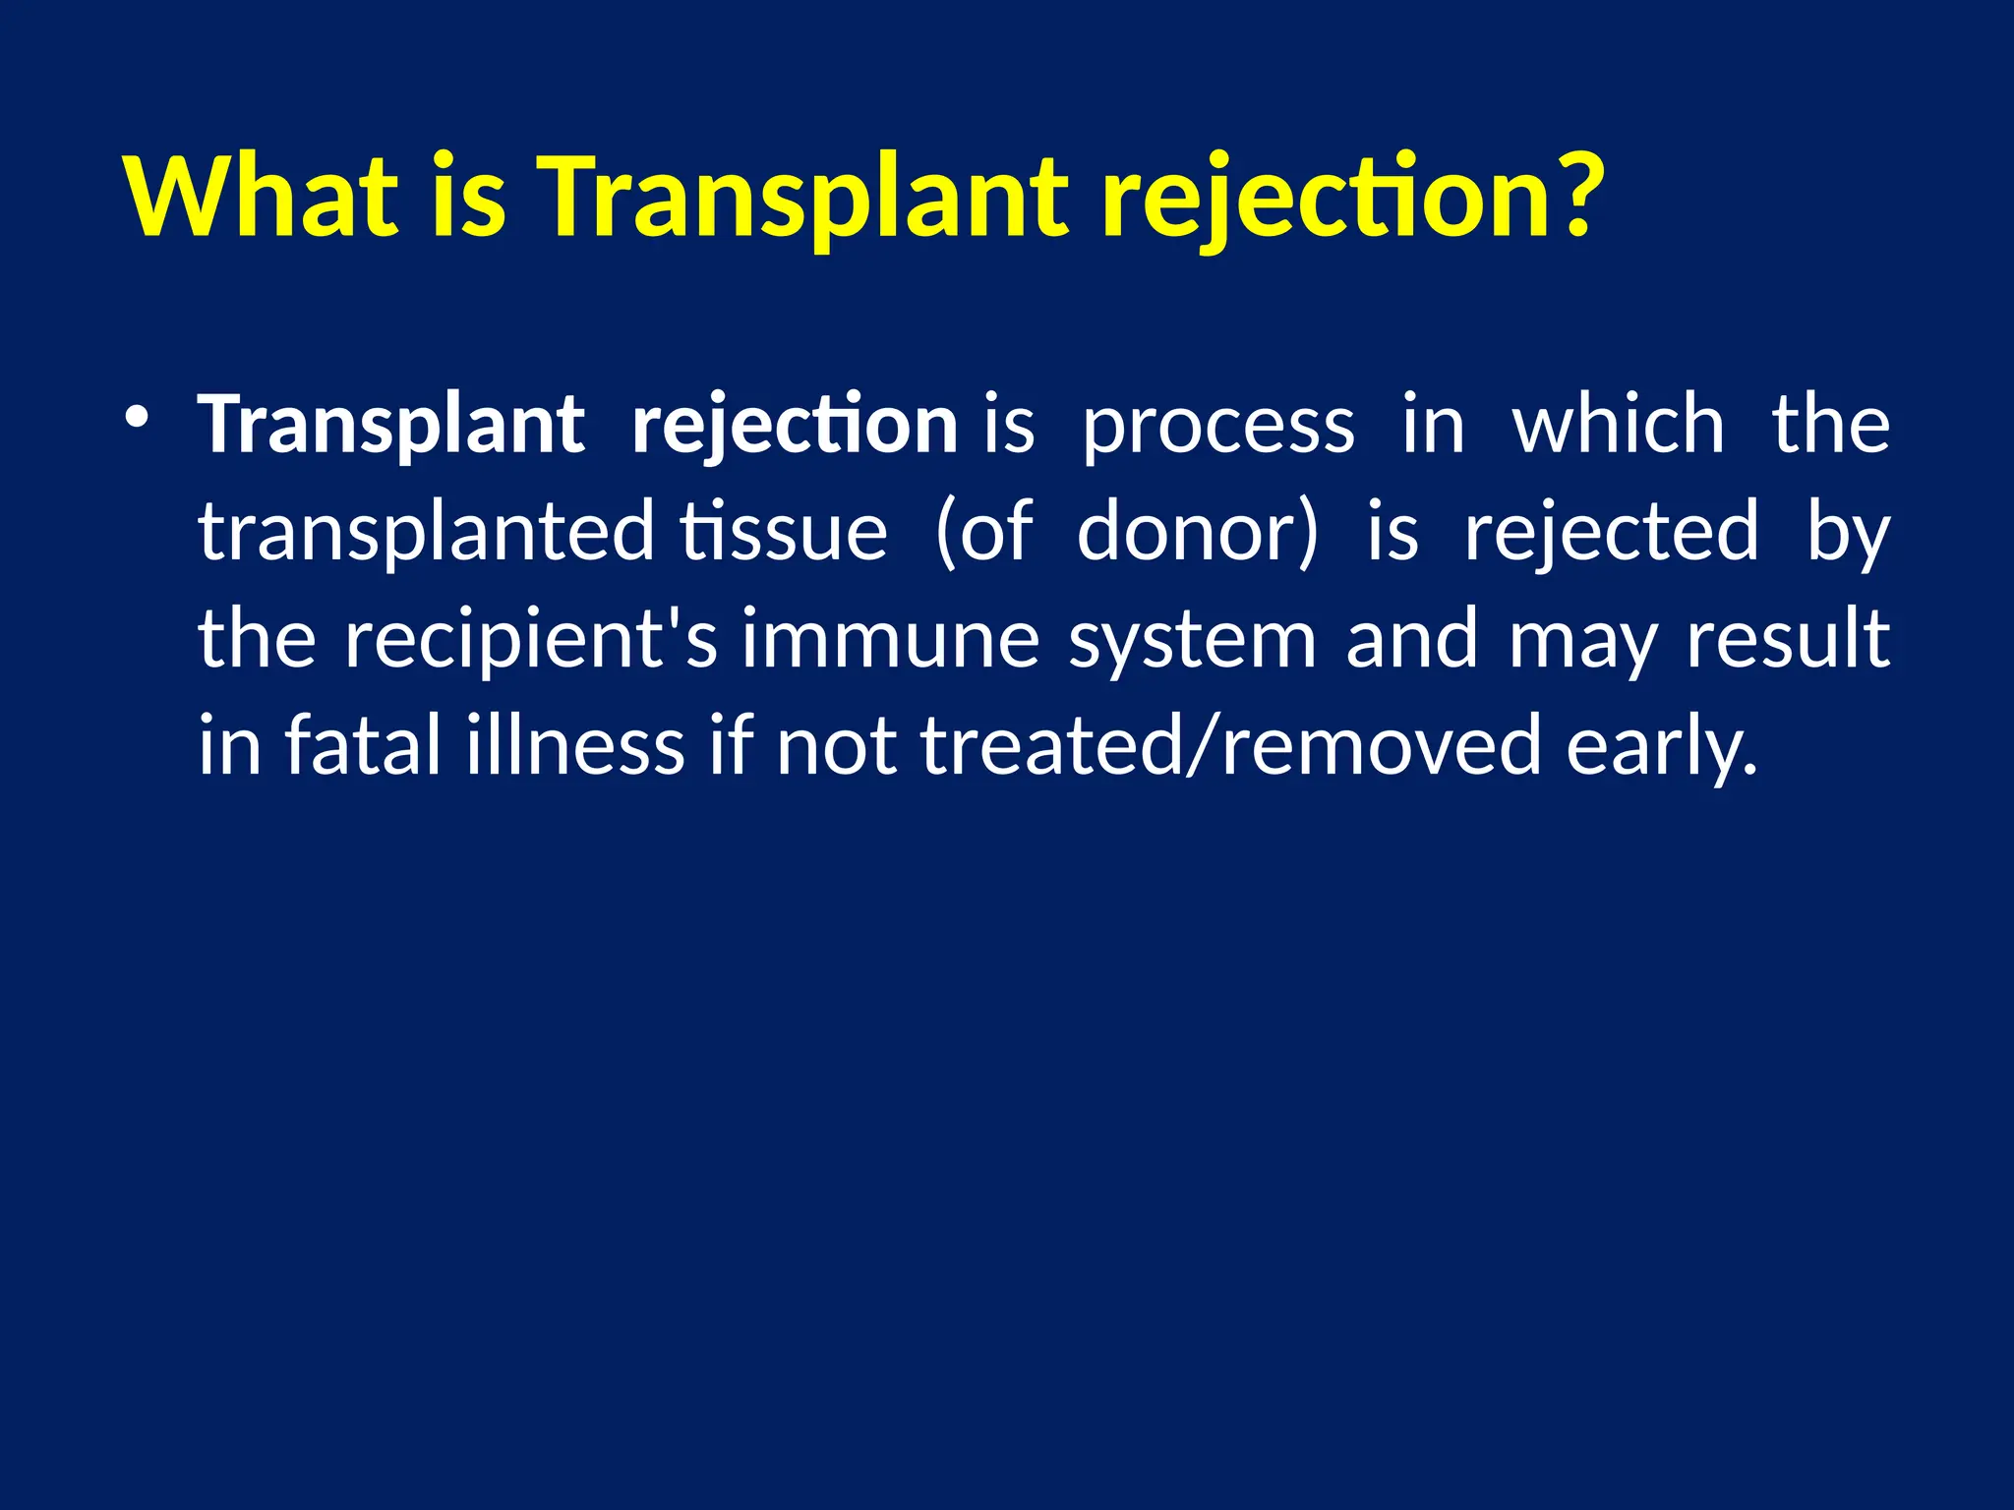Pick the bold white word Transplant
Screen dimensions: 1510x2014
391,426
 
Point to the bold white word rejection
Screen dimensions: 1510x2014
795,426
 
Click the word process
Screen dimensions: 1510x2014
1217,426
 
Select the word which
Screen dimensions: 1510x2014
1619,426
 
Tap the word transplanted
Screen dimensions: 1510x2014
426,532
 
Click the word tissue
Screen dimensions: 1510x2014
784,532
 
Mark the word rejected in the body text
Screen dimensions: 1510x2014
1611,532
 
